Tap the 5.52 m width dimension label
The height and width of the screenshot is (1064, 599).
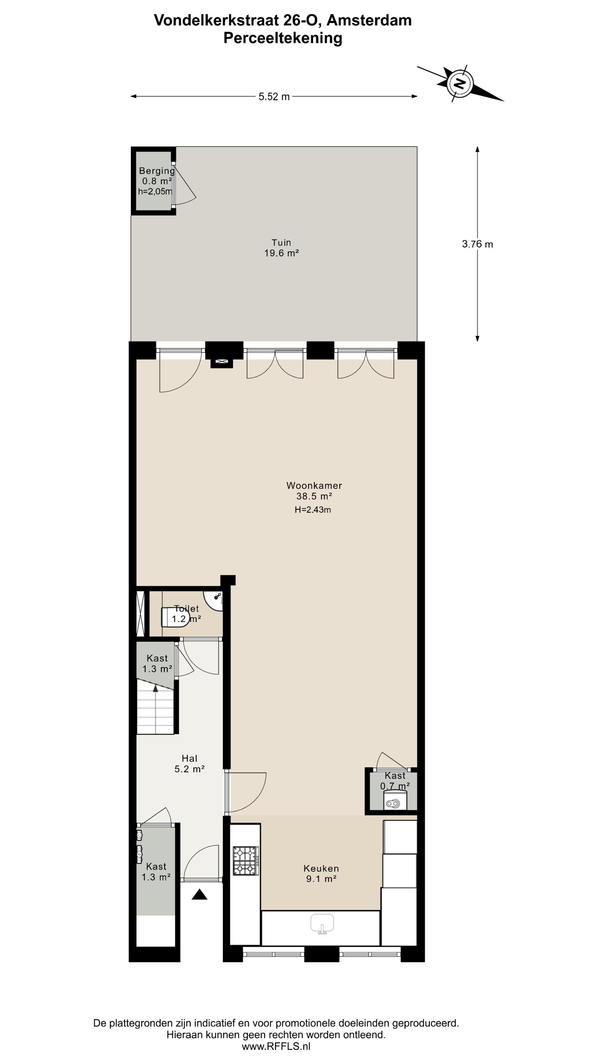click(274, 97)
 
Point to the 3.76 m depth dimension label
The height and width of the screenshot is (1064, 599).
click(478, 244)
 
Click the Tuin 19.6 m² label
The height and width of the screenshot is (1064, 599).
click(281, 248)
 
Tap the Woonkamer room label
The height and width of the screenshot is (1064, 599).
click(314, 485)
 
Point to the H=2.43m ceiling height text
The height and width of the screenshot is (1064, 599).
click(313, 510)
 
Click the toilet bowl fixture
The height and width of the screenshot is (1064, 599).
click(175, 617)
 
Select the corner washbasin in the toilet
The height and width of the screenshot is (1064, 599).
click(213, 600)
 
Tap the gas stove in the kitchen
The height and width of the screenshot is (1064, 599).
click(246, 861)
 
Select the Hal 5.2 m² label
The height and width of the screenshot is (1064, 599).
click(190, 763)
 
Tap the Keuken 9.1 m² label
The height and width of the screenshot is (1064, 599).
click(321, 874)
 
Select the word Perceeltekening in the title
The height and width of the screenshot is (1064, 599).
click(283, 38)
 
